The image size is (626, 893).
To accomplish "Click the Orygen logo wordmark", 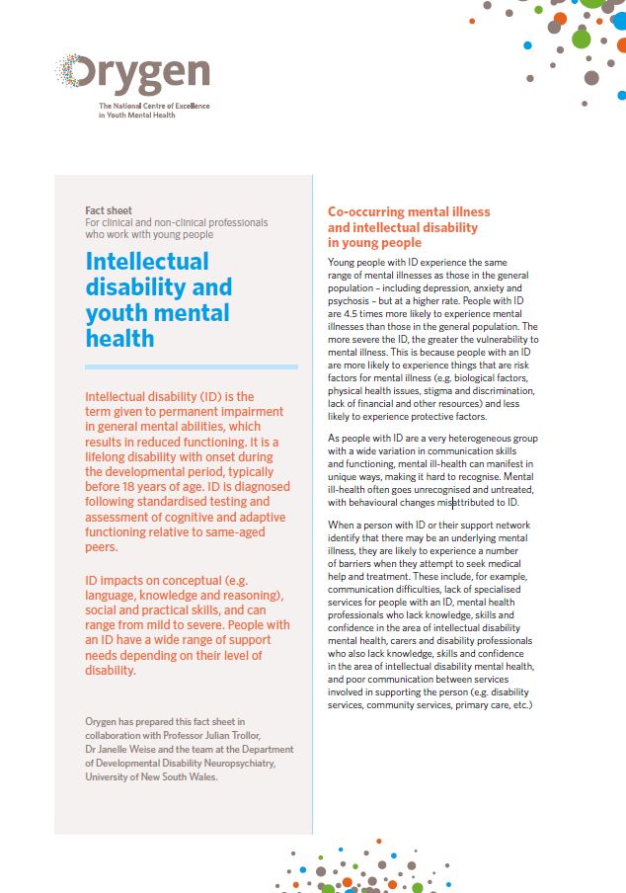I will coord(134,75).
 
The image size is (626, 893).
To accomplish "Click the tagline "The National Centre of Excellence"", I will coord(154,106).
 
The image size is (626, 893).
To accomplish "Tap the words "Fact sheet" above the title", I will coord(110,210).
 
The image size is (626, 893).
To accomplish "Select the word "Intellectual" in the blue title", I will coord(147,262).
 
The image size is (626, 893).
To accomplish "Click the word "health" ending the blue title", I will coord(119,339).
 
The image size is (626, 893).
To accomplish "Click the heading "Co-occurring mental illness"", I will coord(409,212).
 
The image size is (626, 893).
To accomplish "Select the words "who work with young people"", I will coord(149,235).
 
